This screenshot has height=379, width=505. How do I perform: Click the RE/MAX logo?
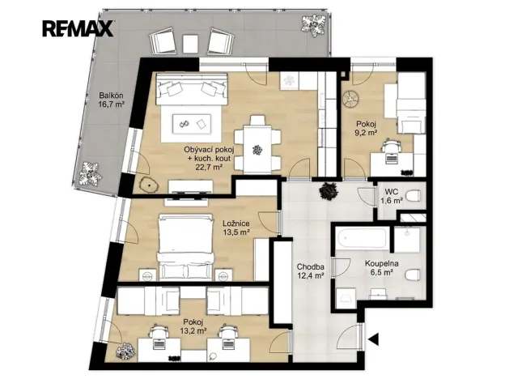(78, 28)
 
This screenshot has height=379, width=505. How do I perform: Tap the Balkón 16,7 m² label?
(112, 100)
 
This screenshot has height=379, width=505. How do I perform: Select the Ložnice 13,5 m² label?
(236, 228)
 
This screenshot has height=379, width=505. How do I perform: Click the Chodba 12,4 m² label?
(311, 271)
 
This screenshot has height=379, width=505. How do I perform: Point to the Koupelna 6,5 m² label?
(382, 268)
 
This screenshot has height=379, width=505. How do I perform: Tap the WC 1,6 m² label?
(392, 196)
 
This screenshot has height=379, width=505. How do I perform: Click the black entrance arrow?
(374, 339)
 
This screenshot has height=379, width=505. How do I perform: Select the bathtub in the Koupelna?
(362, 238)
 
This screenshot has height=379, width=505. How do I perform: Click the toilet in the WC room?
(413, 196)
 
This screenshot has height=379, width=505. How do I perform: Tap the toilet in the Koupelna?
(413, 275)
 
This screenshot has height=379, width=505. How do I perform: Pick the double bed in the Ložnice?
(186, 248)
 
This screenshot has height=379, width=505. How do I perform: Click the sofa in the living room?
(192, 88)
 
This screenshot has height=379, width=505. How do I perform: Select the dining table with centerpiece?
(257, 149)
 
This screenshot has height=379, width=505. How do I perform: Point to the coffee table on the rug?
(192, 124)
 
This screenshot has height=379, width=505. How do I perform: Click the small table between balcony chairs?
(191, 43)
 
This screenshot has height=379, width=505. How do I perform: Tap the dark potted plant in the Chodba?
(329, 191)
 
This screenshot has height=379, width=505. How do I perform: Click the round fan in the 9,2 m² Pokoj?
(352, 98)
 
